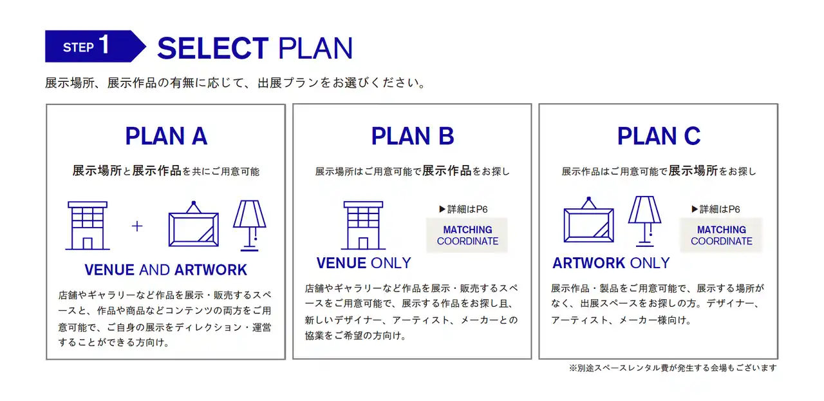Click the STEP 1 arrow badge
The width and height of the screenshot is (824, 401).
[x=95, y=46]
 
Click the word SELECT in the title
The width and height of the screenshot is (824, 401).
[x=212, y=48]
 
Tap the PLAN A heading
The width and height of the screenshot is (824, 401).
[x=166, y=136]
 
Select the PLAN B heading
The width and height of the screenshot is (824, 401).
[x=413, y=136]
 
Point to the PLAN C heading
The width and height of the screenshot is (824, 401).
[x=659, y=136]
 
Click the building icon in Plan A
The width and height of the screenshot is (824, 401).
[x=88, y=226]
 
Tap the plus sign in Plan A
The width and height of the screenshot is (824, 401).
[x=137, y=226]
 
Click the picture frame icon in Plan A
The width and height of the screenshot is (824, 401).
[x=194, y=224]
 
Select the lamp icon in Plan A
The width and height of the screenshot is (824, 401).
[x=250, y=226]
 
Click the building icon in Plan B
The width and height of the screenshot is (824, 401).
[x=363, y=226]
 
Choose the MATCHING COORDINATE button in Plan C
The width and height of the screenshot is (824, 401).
[x=721, y=235]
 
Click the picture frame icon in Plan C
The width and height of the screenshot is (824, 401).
[x=588, y=220]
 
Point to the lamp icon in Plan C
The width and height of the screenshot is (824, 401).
[x=645, y=221]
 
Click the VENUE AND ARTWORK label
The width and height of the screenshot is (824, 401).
[x=165, y=269]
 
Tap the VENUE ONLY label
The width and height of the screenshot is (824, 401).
[x=364, y=263]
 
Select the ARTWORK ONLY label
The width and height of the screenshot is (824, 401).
[x=611, y=263]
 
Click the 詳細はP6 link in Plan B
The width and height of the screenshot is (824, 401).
[x=464, y=210]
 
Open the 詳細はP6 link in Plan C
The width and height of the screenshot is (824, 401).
[x=716, y=210]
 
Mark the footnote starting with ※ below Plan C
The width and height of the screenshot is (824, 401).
[x=673, y=368]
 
